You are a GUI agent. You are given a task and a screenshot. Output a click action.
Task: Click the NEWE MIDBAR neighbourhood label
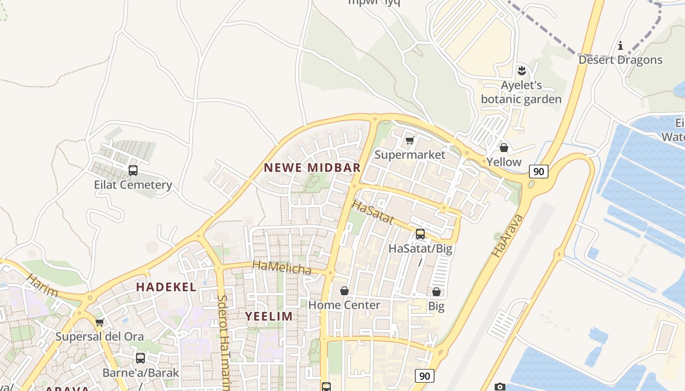pos(312,168)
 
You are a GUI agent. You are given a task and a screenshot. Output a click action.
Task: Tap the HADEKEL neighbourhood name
pos(166,287)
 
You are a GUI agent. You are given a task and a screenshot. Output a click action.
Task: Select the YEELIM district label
pos(269,316)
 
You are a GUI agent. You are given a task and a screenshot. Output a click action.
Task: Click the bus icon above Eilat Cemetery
pos(133,171)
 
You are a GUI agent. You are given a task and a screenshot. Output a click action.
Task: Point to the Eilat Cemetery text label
pos(133,185)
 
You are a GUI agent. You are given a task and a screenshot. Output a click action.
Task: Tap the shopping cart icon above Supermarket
pos(410,141)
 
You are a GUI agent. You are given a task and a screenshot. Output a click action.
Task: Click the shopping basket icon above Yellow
pos(504,147)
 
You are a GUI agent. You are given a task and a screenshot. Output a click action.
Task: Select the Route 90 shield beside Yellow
pos(538,171)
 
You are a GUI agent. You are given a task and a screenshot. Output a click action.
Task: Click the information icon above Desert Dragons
pos(620,45)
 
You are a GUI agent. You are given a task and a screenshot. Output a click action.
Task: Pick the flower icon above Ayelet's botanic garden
pos(522,71)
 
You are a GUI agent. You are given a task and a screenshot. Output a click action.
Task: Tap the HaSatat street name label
pos(373,212)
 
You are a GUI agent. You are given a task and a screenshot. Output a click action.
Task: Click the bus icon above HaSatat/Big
pos(420,234)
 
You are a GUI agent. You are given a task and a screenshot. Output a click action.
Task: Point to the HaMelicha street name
pos(282,268)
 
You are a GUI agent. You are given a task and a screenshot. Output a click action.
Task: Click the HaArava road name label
pos(507,236)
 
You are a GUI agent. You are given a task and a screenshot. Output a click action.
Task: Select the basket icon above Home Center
pos(344,291)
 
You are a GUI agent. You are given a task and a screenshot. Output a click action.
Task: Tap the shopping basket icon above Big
pos(436,292)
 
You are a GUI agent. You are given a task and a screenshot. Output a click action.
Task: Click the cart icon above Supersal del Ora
pos(100,322)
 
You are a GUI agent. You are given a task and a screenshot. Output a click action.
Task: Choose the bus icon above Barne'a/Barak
pos(140,358)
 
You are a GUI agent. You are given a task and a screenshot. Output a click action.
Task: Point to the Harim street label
pos(42,286)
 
